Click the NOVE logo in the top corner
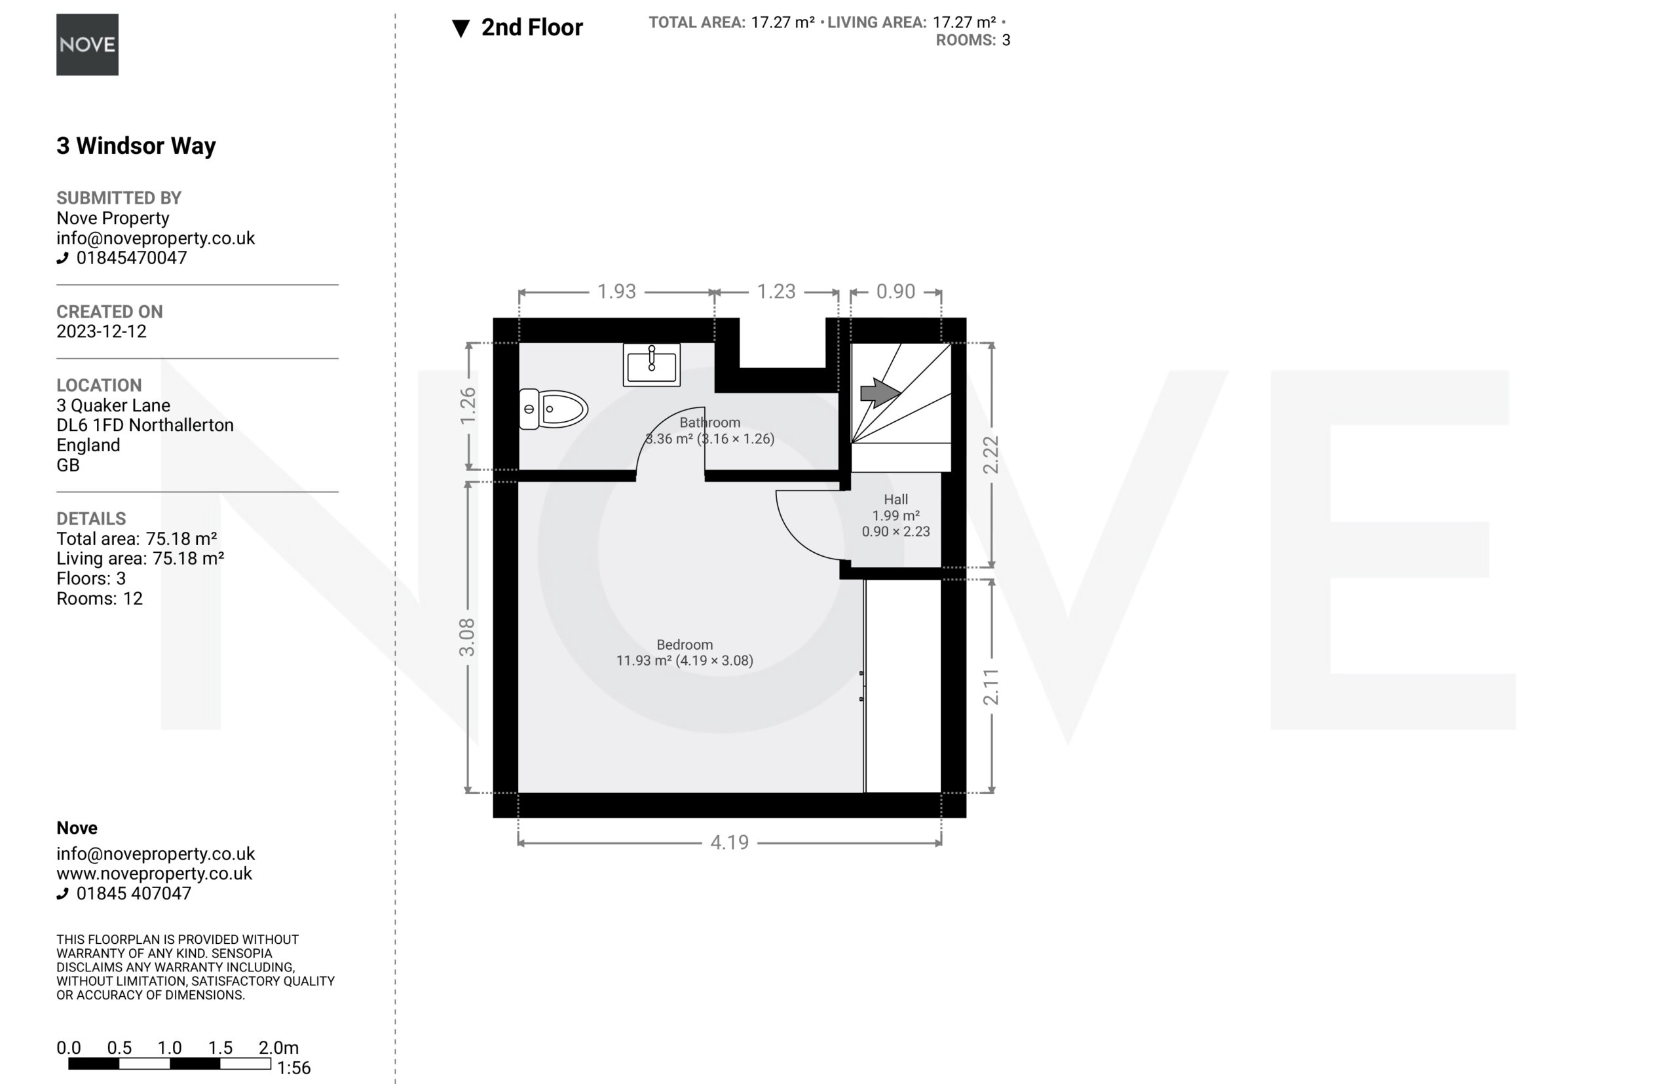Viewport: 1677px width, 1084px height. pos(87,45)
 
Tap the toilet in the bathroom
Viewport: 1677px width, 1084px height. pos(554,409)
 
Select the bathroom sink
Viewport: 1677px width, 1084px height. pos(651,365)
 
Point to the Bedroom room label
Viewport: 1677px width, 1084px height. pos(685,645)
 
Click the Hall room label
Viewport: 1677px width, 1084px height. pos(895,499)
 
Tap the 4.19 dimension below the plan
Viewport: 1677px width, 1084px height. pos(729,842)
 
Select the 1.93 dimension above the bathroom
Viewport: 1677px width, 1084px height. pos(616,291)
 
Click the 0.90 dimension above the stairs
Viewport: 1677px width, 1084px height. pos(895,291)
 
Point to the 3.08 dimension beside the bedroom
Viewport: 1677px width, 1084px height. pos(467,637)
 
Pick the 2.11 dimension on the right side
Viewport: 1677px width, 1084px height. pos(990,687)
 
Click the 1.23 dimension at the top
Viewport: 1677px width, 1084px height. pos(776,291)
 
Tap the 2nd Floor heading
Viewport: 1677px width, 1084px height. pos(532,28)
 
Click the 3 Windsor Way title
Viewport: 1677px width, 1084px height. pos(136,145)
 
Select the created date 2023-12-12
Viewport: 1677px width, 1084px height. pos(102,331)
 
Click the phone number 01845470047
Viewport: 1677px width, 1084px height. pos(132,257)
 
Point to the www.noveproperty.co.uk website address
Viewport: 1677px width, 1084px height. pos(154,874)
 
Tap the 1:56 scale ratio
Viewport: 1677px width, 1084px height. pos(293,1068)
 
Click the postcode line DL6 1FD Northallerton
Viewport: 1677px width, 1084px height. pos(145,425)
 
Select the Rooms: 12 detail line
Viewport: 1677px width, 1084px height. pos(100,598)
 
